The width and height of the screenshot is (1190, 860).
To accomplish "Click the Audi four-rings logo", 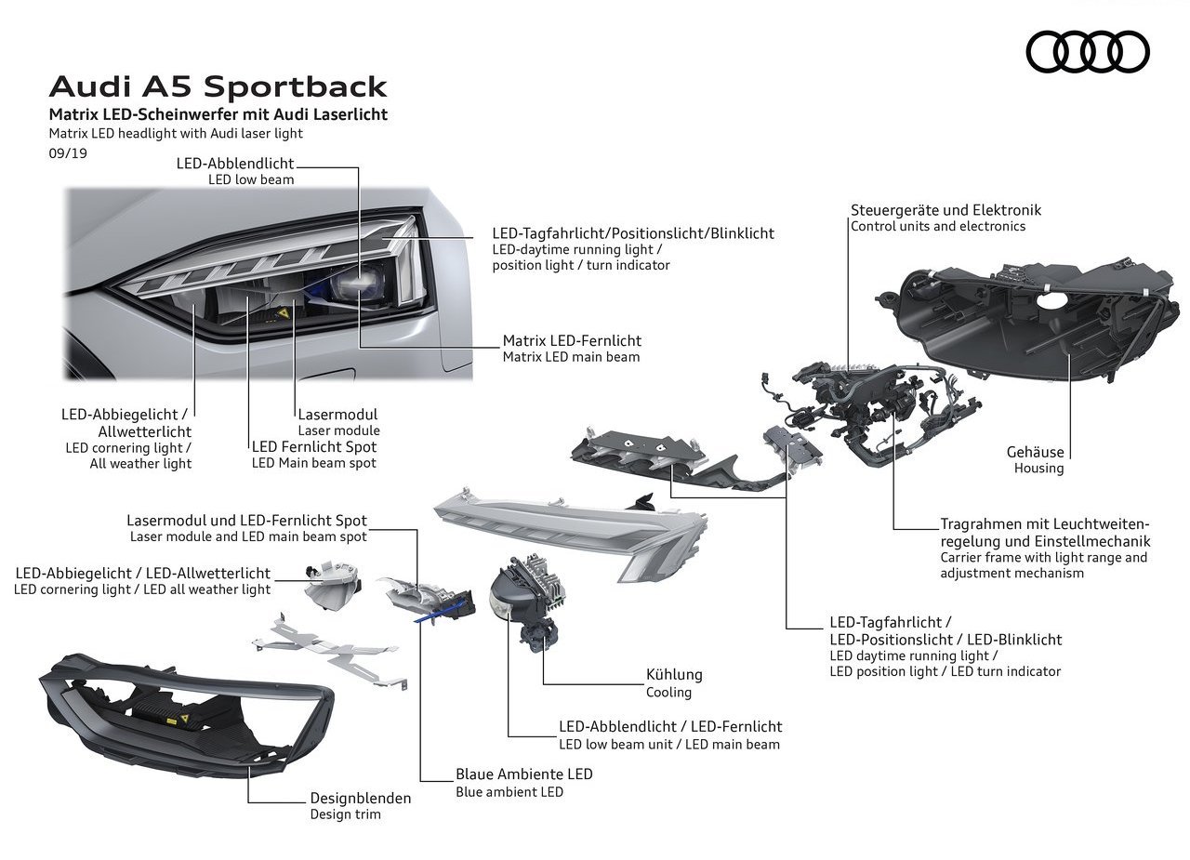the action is [x=1088, y=51].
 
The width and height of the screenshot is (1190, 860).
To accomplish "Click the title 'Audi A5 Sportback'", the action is [x=218, y=86].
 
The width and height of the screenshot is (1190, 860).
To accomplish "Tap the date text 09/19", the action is [x=68, y=153].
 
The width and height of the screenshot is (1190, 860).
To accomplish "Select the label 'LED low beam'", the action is [x=251, y=179].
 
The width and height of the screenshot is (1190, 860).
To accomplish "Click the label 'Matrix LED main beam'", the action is [x=571, y=357].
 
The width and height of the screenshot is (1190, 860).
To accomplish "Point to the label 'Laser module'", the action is [x=339, y=430].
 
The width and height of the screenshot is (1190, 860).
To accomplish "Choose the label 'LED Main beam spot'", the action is [x=314, y=463].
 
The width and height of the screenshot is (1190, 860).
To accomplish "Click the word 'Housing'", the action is [x=1038, y=468].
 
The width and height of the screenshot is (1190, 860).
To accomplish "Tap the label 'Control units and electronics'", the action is [x=938, y=226].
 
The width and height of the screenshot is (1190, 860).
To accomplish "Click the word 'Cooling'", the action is [x=668, y=692].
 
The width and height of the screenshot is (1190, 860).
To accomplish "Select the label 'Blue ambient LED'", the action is [x=509, y=792].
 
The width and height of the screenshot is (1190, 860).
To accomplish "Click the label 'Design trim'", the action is [x=345, y=814].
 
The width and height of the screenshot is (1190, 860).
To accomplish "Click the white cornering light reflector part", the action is [x=333, y=587].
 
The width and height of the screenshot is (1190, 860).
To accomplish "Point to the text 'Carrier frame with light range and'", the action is [x=1043, y=558].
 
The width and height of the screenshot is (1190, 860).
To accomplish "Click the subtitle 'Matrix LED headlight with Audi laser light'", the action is [x=176, y=133].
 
